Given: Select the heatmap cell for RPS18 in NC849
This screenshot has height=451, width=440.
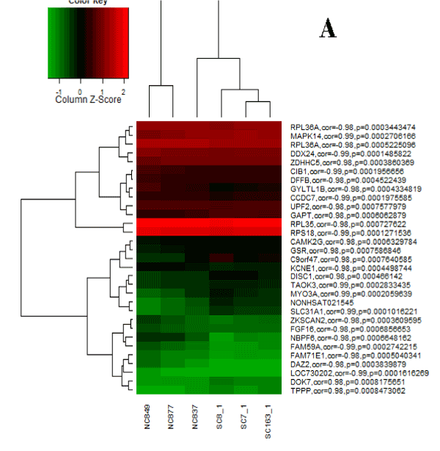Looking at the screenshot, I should [147, 232].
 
